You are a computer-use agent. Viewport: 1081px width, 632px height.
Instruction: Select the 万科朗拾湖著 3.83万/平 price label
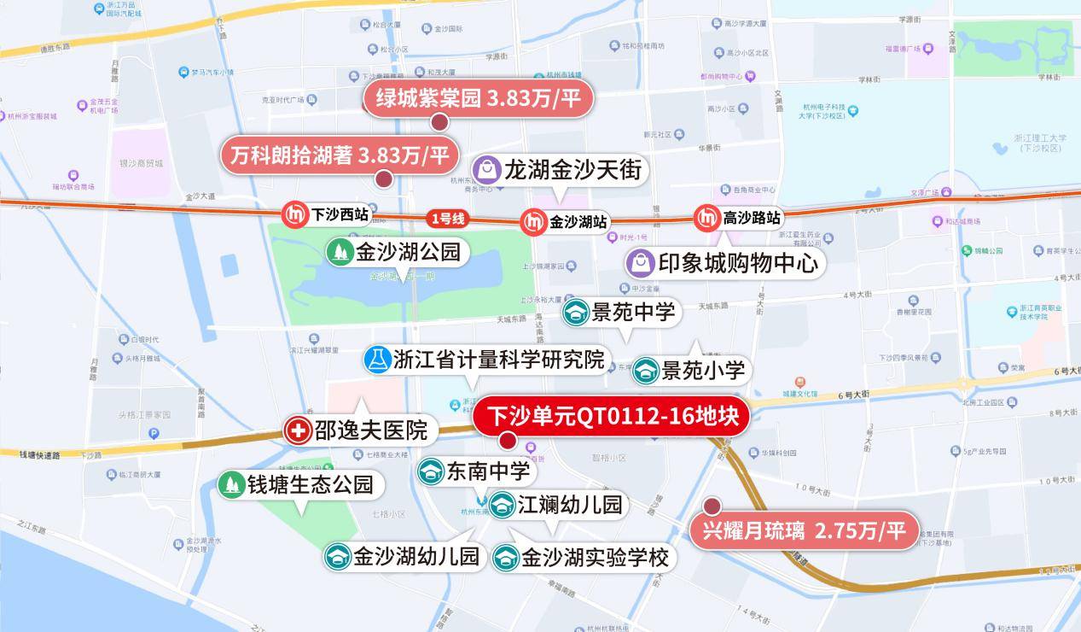pos(340,155)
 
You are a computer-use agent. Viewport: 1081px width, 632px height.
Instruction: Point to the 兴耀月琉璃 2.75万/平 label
pos(805,530)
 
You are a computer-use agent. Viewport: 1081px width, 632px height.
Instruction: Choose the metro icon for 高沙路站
pos(706,219)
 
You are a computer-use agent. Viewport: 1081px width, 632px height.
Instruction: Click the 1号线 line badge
pos(447,219)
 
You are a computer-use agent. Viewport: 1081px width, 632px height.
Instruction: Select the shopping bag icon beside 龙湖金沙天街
pos(485,169)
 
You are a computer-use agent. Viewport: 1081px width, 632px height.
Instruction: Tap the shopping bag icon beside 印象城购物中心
pos(641,263)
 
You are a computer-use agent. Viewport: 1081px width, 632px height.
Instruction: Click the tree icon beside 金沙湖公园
pos(340,251)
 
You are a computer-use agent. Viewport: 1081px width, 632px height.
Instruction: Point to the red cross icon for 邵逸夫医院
pos(298,430)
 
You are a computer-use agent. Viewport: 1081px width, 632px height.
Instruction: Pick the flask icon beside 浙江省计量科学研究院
pos(376,360)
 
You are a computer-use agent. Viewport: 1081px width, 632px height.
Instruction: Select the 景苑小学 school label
pos(691,371)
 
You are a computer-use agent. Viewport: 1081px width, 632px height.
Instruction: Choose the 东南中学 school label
pos(474,471)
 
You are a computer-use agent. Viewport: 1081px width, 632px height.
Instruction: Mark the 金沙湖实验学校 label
pos(584,559)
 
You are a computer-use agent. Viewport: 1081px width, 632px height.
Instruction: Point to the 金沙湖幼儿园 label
pos(404,557)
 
